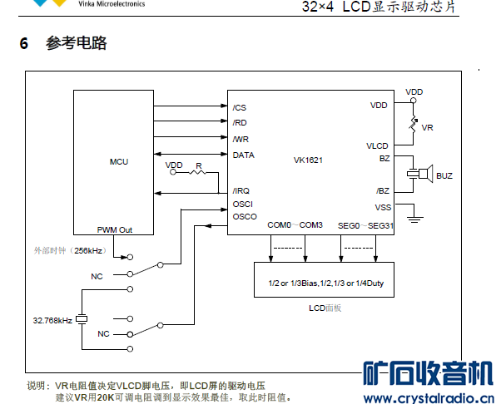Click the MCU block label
(x=118, y=161)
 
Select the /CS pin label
(x=240, y=107)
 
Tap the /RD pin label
(x=240, y=123)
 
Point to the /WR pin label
(x=241, y=139)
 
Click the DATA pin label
(x=244, y=155)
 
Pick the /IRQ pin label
(x=241, y=190)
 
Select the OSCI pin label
(x=243, y=204)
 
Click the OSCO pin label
(x=245, y=217)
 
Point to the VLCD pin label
(x=377, y=145)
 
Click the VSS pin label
(x=382, y=207)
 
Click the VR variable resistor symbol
(x=413, y=127)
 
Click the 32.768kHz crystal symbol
(x=82, y=319)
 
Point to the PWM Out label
(x=115, y=230)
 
